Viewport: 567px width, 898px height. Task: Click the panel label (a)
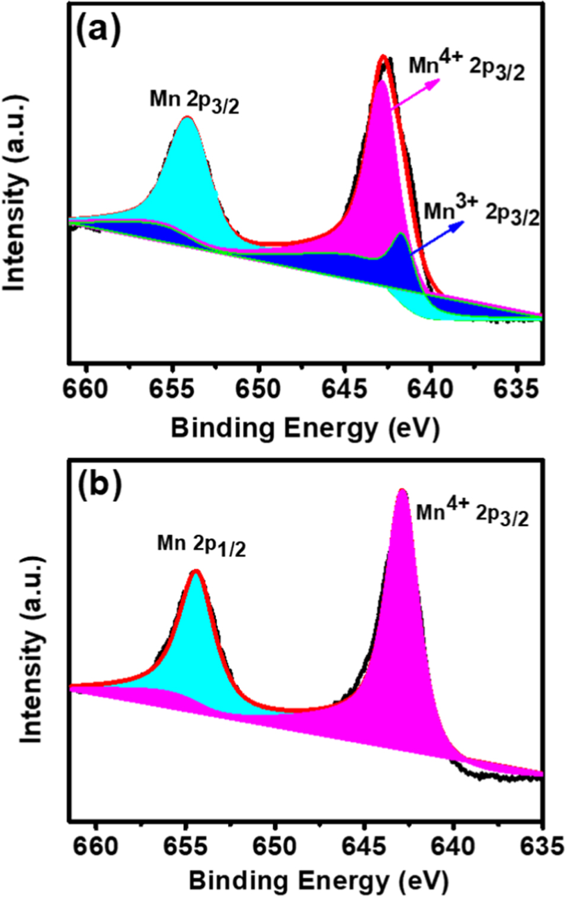pos(98,31)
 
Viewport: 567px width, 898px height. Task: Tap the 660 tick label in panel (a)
pos(87,389)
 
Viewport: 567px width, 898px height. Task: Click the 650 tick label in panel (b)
pos(274,846)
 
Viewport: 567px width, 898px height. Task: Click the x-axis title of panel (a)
pos(305,428)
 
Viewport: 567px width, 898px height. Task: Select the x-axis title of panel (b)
pos(318,881)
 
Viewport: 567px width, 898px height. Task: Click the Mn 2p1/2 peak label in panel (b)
pos(201,545)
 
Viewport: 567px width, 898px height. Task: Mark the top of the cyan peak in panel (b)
pos(196,571)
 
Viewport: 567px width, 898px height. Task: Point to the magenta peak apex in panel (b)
pos(402,490)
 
